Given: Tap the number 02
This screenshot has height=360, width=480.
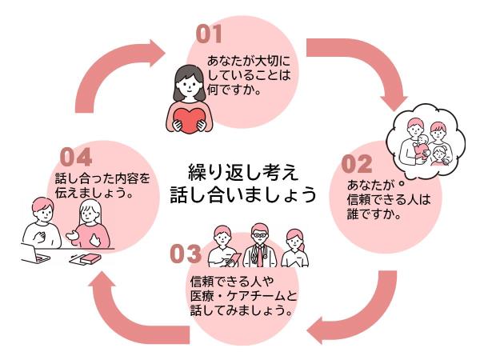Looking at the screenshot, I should point(357,163).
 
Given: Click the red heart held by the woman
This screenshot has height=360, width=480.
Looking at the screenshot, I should point(191,117).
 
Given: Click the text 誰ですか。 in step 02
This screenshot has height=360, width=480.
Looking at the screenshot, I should point(374,215).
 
